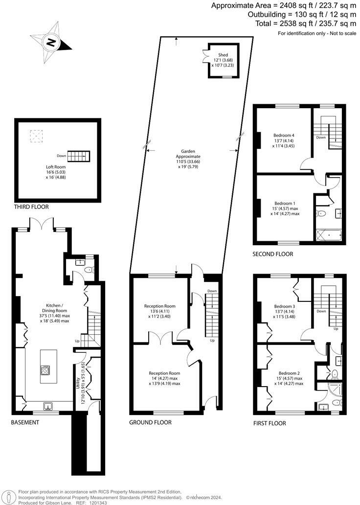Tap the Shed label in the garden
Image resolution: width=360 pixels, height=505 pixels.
pos(223,55)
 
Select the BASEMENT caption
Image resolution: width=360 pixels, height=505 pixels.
pos(25,422)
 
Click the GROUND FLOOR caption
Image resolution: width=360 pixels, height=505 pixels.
pos(150,422)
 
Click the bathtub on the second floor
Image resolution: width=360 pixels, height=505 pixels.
pos(329,235)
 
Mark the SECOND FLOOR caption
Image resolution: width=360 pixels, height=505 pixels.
pos(272,254)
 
